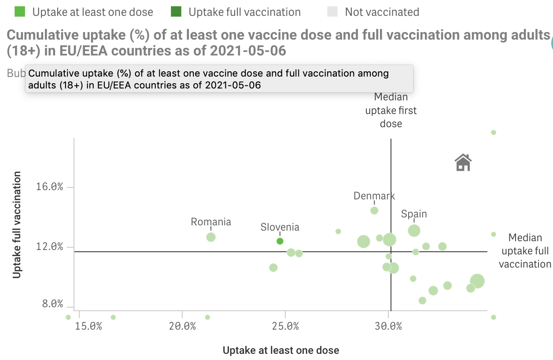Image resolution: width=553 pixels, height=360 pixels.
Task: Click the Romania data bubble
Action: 211,237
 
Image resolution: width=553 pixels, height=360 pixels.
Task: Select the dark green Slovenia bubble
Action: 280,241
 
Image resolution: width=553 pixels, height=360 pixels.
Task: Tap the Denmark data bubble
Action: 374,210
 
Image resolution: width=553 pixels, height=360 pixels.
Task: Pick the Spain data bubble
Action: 414,230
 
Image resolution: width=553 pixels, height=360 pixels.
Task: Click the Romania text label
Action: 211,222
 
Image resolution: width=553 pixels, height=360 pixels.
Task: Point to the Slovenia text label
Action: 280,227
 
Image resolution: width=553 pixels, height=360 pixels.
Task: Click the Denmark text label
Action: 374,196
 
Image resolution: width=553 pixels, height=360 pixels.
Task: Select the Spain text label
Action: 414,214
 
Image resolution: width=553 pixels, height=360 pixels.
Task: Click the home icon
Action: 463,162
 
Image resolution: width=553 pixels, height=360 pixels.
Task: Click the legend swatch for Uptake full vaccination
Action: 177,12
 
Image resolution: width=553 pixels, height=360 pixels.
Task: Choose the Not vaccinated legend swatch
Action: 333,12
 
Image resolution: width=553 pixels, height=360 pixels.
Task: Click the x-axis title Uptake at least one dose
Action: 281,350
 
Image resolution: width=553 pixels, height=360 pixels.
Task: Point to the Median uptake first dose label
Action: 391,110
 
